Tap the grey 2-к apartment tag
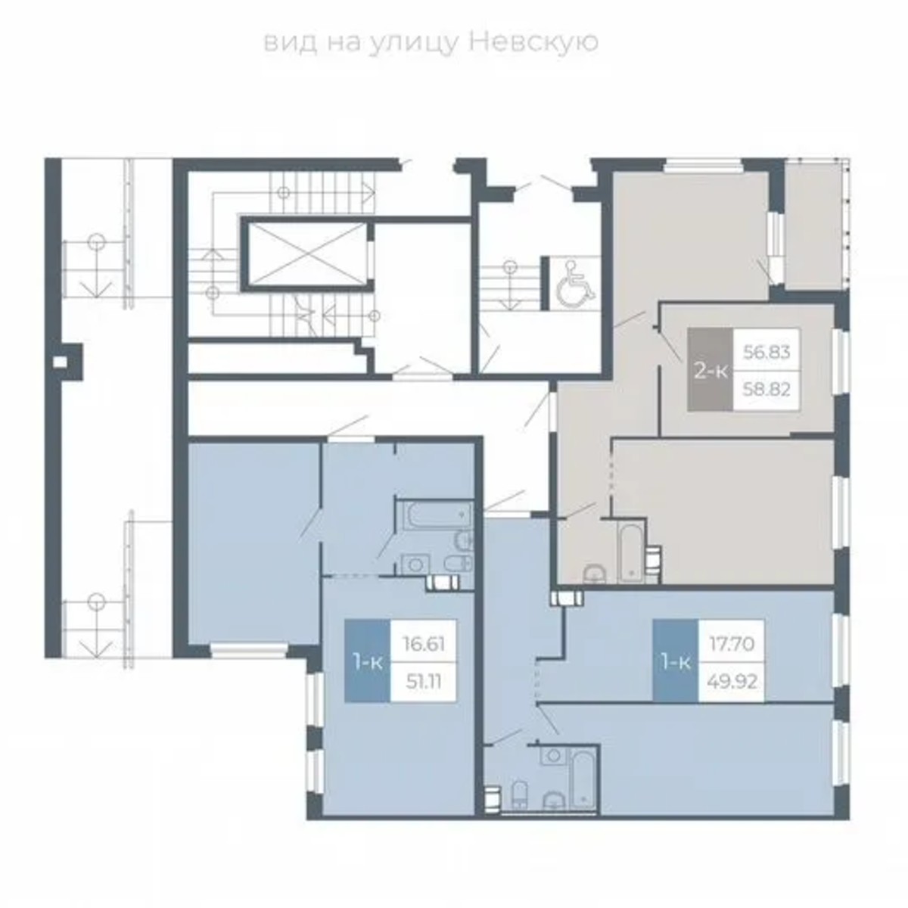pos(710,371)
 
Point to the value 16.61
pos(423,645)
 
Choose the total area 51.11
pos(423,681)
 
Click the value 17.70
pos(731,645)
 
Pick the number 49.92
pos(731,681)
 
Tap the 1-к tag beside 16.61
pos(368,662)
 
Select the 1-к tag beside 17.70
pos(676,662)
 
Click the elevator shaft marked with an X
pos(305,255)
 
